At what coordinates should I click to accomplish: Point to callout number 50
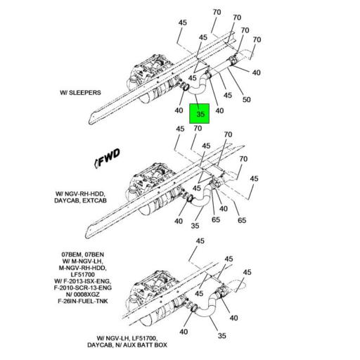247,100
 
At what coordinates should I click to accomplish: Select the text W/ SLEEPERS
81,92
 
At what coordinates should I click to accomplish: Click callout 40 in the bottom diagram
184,332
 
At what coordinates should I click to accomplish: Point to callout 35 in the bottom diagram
222,336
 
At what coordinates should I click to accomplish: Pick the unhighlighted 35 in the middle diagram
196,226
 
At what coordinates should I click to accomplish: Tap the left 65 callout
216,220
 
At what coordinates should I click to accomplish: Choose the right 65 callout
242,221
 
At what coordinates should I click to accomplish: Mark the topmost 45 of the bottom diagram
200,241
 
